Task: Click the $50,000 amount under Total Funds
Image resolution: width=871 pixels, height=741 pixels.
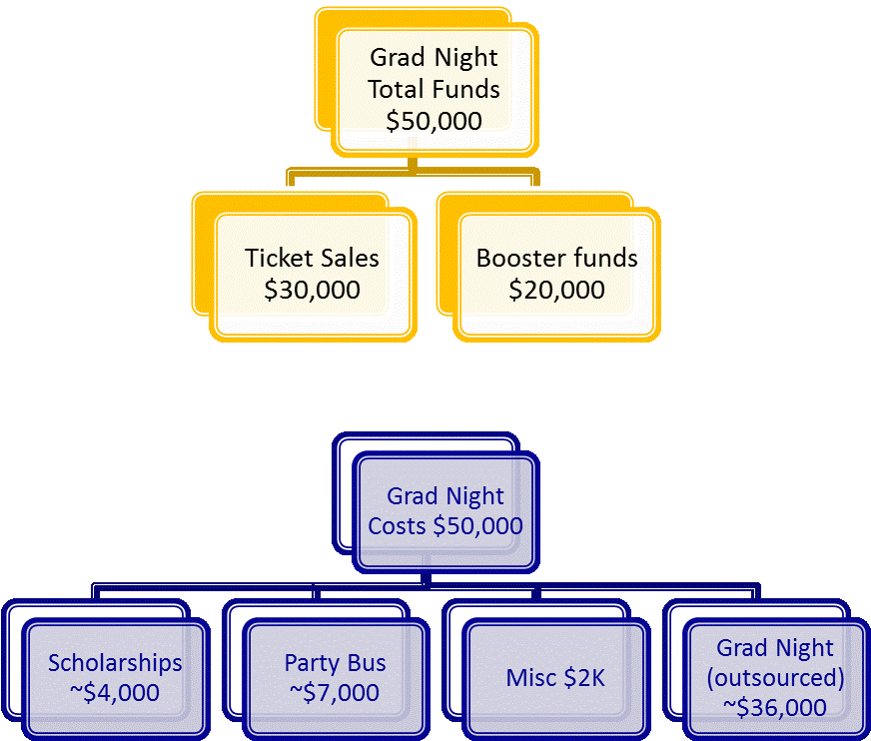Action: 434,122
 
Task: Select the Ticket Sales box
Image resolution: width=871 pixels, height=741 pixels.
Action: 313,274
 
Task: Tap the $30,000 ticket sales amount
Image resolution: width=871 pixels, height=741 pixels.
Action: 312,291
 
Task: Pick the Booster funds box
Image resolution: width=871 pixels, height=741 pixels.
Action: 556,274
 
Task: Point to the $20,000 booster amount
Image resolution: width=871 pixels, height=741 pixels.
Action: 556,291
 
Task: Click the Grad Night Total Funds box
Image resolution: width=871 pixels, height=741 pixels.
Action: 434,90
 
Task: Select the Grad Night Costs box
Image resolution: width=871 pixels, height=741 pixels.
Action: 445,511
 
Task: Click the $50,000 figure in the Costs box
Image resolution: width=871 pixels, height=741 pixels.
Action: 477,526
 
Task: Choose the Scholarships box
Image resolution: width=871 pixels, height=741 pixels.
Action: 115,677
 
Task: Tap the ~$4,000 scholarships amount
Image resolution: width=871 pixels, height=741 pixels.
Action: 115,693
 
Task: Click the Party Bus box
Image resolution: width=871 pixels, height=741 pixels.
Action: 335,677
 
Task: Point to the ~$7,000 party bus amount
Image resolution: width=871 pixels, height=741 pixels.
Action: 335,693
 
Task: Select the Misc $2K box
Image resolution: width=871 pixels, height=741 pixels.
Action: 555,678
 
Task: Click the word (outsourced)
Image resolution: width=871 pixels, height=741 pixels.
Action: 775,678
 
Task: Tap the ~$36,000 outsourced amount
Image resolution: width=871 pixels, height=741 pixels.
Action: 775,708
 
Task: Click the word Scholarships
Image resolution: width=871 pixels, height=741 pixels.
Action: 115,662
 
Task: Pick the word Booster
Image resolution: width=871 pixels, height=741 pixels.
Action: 517,258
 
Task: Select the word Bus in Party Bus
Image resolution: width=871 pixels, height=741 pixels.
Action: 366,662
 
